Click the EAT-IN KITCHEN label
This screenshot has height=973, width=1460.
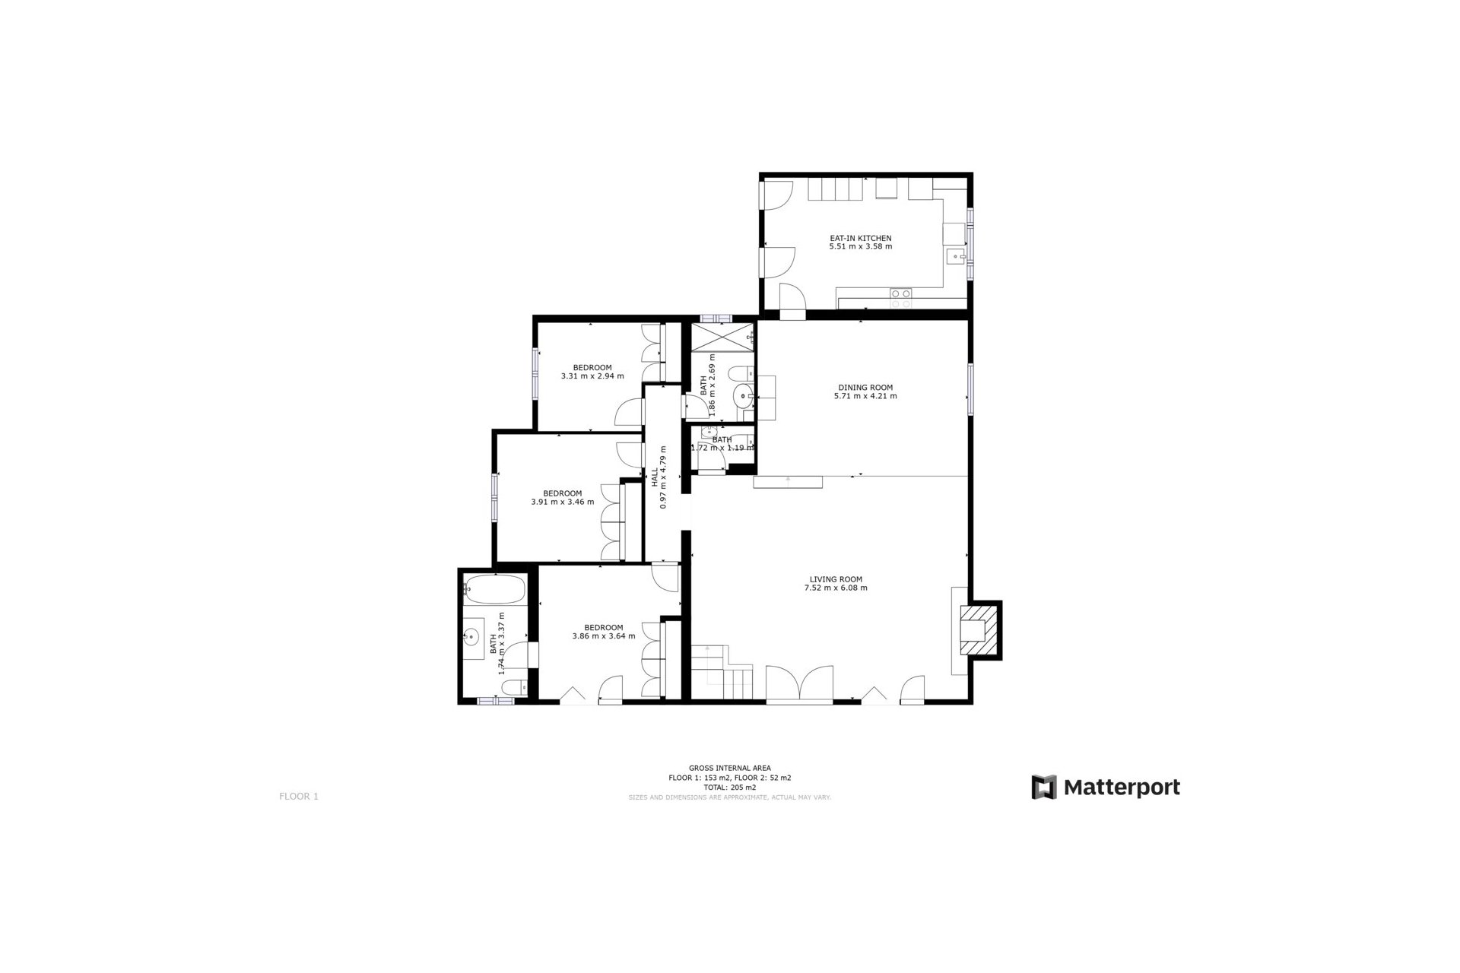[x=860, y=238]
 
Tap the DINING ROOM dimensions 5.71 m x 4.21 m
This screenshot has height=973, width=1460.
[x=865, y=396]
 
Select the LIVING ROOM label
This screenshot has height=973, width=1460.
[x=836, y=578]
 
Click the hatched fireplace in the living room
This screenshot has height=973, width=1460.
[x=979, y=629]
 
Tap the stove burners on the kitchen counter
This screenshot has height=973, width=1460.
[x=901, y=298]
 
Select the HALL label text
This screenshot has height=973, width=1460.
[x=655, y=477]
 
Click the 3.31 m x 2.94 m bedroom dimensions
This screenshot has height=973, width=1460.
[x=592, y=376]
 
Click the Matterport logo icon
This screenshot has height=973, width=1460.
[x=1044, y=787]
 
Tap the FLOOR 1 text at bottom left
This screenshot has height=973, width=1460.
[x=299, y=797]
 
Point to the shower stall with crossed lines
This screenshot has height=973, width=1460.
[x=722, y=337]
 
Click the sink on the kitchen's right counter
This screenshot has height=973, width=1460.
[x=954, y=257]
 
